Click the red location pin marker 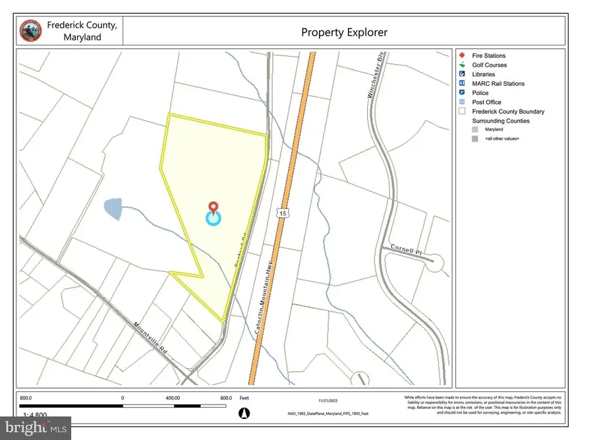click(213, 208)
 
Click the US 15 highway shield click(283, 213)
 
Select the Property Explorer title click(344, 32)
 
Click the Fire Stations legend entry click(489, 56)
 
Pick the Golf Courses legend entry click(489, 65)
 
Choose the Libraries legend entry click(484, 75)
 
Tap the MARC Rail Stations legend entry click(498, 84)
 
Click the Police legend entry click(480, 93)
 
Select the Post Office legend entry click(486, 102)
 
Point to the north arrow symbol click(244, 413)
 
